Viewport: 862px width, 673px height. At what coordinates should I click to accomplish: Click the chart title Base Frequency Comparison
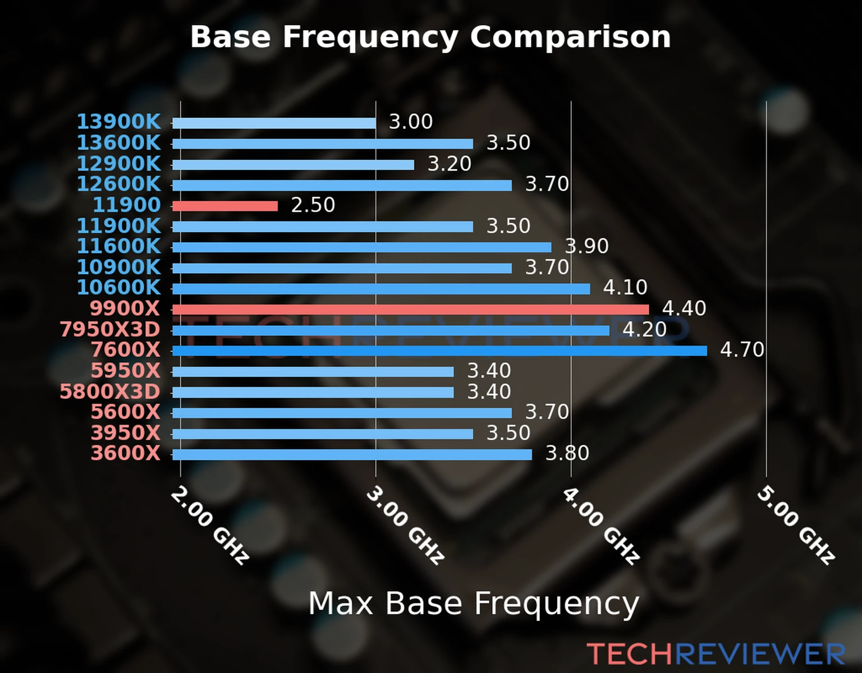click(430, 37)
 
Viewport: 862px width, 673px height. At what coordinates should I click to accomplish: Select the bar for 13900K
click(274, 123)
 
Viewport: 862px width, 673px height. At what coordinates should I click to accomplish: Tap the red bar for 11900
click(225, 206)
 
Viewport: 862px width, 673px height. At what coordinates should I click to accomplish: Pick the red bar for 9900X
click(410, 310)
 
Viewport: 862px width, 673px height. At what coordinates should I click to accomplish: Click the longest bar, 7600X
click(439, 351)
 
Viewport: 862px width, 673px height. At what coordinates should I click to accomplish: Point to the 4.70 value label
click(741, 350)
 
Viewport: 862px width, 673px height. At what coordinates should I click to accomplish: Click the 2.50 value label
click(313, 205)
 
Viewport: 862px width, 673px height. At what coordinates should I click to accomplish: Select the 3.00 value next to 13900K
click(411, 122)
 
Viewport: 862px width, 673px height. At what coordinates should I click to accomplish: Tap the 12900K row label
click(118, 164)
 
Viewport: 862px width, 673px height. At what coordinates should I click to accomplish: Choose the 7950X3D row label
click(110, 330)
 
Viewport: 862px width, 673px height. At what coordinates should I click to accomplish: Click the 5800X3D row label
click(110, 391)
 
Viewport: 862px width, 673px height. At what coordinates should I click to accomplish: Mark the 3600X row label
click(126, 453)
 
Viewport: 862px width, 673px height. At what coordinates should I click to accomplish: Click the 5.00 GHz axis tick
click(796, 525)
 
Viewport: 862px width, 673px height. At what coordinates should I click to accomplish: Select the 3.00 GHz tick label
click(405, 525)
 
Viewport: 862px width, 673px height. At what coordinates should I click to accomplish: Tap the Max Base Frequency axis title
click(474, 603)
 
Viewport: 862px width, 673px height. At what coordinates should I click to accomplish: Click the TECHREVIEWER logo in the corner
click(716, 654)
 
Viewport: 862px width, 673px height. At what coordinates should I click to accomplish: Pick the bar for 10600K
click(381, 289)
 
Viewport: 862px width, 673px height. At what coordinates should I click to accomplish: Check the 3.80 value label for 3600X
click(567, 453)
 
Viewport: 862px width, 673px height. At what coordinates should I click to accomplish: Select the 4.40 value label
click(684, 308)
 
